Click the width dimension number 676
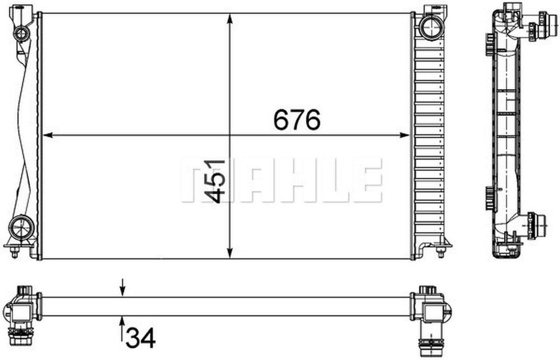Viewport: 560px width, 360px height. pyautogui.click(x=297, y=120)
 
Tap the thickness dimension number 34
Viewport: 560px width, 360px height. pyautogui.click(x=140, y=338)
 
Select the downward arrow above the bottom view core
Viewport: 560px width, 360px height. pyautogui.click(x=122, y=291)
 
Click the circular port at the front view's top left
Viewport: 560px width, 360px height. pyautogui.click(x=21, y=33)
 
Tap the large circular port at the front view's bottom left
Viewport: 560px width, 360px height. pyautogui.click(x=21, y=227)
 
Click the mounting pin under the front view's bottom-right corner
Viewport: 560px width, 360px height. pyautogui.click(x=440, y=252)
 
